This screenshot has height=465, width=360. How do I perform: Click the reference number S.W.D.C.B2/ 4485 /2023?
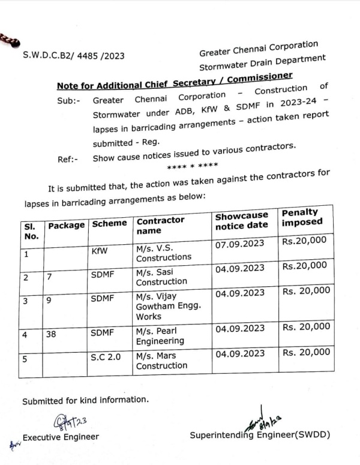click(x=74, y=55)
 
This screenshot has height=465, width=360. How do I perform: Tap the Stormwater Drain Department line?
click(x=262, y=62)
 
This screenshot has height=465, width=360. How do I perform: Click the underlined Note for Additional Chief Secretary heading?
click(x=175, y=80)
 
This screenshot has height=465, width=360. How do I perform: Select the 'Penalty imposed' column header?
click(x=302, y=217)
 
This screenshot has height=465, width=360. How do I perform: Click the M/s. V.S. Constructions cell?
click(x=163, y=251)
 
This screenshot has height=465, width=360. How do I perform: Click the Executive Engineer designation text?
click(x=61, y=436)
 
